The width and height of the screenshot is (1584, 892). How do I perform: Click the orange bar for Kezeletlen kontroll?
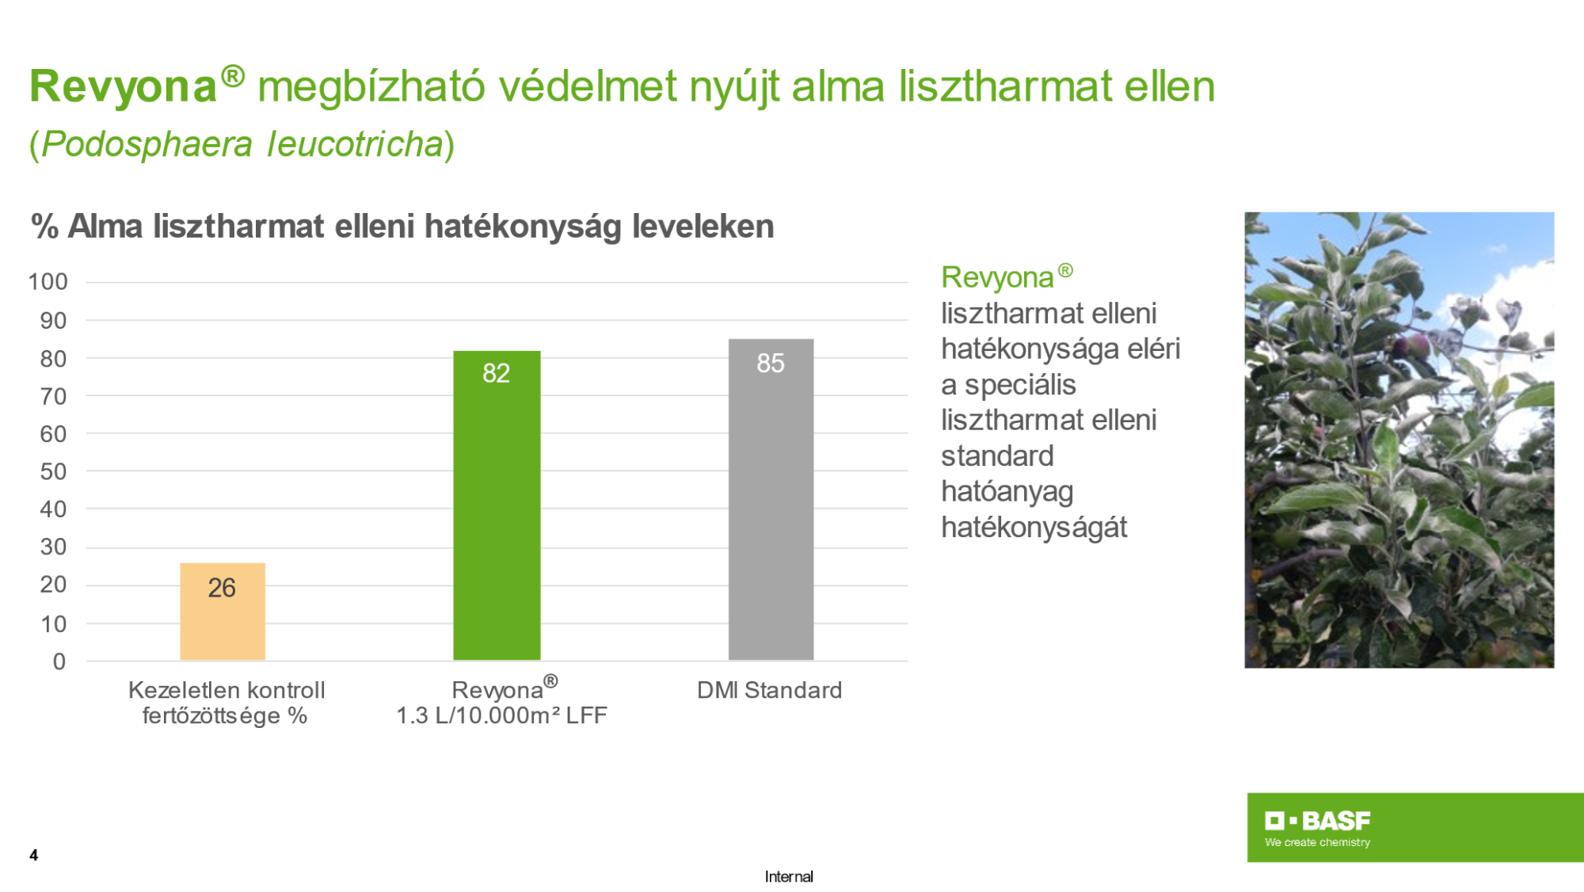(223, 612)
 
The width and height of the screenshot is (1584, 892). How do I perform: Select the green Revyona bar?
(497, 505)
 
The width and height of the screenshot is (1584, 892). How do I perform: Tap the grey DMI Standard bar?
(771, 500)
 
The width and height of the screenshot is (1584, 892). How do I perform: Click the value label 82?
(497, 373)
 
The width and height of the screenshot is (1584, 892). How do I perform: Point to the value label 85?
(771, 363)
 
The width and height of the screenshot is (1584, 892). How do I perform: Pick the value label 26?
(222, 588)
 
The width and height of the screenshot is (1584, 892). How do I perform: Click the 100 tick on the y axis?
(48, 281)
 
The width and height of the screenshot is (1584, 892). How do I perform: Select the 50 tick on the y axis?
(53, 471)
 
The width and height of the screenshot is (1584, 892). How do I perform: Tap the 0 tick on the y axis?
(59, 661)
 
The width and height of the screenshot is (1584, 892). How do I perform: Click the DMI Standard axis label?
(769, 690)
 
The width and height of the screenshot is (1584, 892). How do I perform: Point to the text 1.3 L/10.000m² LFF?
(501, 715)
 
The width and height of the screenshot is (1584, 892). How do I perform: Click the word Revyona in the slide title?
(124, 86)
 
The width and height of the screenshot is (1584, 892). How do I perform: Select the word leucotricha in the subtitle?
(355, 144)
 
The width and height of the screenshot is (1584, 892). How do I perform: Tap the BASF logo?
(1318, 821)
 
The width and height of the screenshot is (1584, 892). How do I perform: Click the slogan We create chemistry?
(1318, 842)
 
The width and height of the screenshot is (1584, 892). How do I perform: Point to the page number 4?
(34, 855)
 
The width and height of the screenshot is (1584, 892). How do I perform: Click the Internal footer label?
(789, 876)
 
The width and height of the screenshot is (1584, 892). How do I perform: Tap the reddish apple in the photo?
(1415, 345)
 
